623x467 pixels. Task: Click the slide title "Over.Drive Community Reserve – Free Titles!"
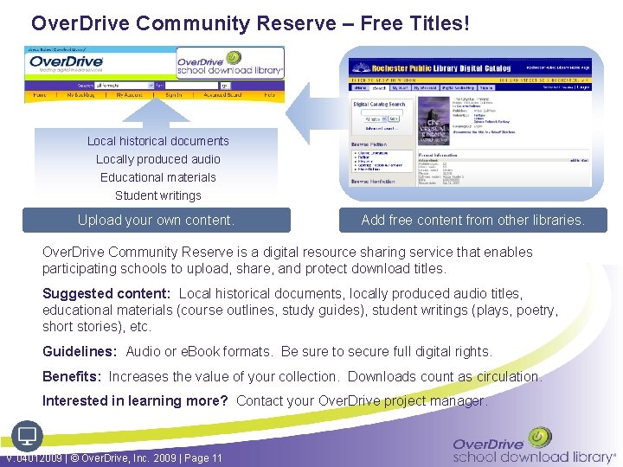(x=249, y=23)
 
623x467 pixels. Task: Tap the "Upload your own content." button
(x=156, y=220)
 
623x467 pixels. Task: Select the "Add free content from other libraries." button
(x=472, y=220)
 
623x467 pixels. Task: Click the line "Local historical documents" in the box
(x=158, y=141)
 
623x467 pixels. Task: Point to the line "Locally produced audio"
(x=158, y=159)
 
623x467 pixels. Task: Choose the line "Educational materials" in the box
(x=158, y=177)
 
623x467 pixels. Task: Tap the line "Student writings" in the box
(x=158, y=195)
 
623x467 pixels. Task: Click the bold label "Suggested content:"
(x=106, y=294)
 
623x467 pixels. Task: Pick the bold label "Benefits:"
(x=72, y=376)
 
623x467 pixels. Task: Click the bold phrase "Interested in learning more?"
(x=135, y=400)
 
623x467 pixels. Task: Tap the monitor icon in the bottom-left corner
(x=26, y=435)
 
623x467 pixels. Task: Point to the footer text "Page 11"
(x=204, y=457)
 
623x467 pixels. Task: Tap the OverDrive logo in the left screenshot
(x=67, y=64)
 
